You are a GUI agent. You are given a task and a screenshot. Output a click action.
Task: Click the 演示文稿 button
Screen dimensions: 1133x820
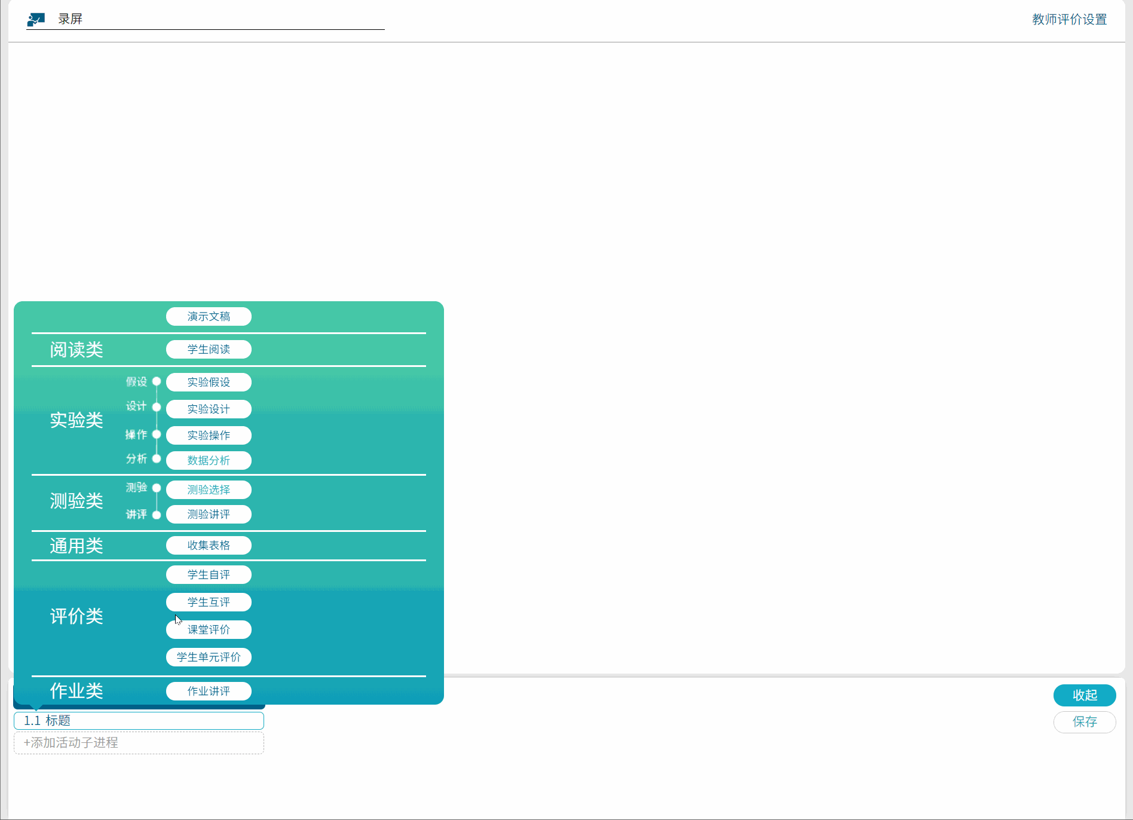pos(209,316)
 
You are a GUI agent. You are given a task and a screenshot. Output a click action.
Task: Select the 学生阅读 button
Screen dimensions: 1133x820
pos(209,349)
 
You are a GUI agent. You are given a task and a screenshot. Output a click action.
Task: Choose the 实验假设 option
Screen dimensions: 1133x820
pos(209,382)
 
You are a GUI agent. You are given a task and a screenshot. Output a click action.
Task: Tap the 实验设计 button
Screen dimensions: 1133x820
pos(209,409)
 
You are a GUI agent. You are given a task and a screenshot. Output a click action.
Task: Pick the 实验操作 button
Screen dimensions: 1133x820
pos(209,435)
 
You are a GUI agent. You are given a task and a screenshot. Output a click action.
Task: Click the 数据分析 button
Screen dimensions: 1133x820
pos(209,460)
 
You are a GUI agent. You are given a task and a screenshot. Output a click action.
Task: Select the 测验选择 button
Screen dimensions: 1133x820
pos(209,489)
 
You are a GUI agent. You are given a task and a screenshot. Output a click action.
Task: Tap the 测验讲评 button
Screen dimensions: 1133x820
pos(209,514)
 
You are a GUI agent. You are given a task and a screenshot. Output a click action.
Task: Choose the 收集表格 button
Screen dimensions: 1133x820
pos(209,545)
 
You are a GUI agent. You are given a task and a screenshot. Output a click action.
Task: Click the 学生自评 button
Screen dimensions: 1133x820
pos(209,574)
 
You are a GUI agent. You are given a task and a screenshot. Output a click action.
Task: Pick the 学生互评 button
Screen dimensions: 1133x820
pos(209,602)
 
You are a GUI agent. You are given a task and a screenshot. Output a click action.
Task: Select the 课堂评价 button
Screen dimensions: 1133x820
pos(209,629)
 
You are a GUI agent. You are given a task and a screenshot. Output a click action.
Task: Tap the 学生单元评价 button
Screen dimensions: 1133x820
pos(209,657)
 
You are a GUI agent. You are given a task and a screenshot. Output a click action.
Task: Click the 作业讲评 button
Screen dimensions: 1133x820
pos(209,691)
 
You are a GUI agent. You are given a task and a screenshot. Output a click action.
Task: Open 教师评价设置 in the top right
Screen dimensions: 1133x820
pos(1069,19)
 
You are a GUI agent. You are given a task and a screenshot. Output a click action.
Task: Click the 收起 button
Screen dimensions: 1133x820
pos(1085,695)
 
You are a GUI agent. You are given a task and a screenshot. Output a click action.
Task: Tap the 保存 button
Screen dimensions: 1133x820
pos(1085,722)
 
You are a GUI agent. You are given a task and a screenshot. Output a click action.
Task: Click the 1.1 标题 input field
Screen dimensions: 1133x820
pos(139,721)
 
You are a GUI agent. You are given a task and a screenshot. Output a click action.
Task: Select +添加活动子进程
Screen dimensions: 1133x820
pos(139,743)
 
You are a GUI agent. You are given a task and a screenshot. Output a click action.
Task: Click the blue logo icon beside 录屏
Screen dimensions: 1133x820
pos(36,20)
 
